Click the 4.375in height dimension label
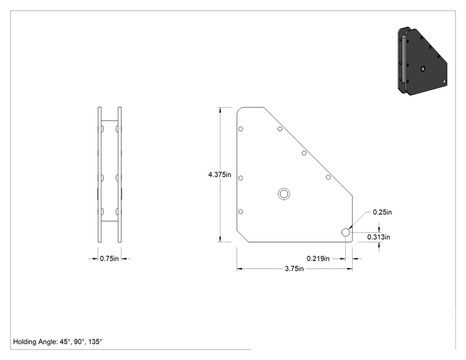[220, 175]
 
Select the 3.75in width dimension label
[294, 269]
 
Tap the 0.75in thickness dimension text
[109, 259]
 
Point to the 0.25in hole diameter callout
[382, 212]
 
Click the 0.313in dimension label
[378, 237]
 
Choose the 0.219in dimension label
[318, 259]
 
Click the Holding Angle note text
[58, 342]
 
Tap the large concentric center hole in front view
[284, 194]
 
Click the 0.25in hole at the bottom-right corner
[345, 232]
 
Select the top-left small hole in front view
[241, 129]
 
